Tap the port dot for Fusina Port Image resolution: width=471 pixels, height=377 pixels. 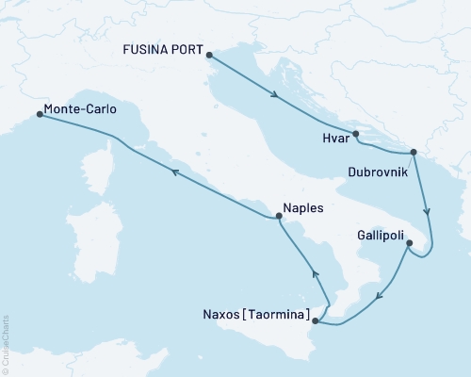(x=208, y=55)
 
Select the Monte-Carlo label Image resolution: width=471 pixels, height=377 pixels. (x=80, y=109)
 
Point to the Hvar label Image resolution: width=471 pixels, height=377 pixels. (x=335, y=138)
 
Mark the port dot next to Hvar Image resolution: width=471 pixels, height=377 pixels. (x=356, y=135)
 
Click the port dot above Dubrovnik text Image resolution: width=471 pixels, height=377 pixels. (x=412, y=153)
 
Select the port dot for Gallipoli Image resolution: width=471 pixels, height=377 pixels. (x=408, y=244)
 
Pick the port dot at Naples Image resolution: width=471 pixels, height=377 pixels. (x=278, y=218)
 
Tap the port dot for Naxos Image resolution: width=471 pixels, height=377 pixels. (x=315, y=321)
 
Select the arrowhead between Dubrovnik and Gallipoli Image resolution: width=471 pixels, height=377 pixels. (x=427, y=211)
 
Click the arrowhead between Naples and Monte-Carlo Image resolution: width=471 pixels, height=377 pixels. (x=173, y=171)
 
